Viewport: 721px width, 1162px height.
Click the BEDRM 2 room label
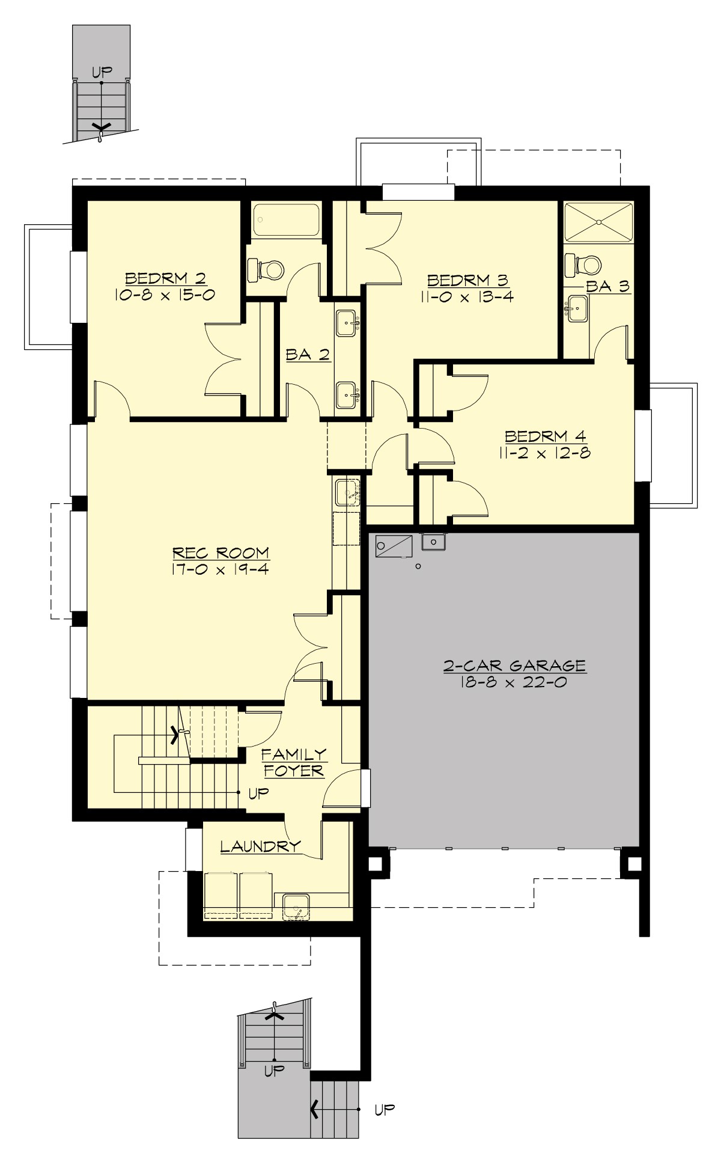[x=165, y=278]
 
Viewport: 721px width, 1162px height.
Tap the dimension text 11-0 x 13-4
[x=470, y=296]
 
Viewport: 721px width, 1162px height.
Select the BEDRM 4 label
[x=545, y=436]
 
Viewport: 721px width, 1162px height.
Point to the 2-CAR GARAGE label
[x=514, y=665]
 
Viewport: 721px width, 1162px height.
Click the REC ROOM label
[x=221, y=552]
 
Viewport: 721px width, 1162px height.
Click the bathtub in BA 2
[x=286, y=220]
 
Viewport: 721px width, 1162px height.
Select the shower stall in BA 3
[x=599, y=222]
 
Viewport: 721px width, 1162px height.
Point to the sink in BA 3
[x=577, y=309]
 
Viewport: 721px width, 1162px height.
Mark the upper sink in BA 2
[x=348, y=323]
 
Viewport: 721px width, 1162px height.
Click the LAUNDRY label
[x=260, y=847]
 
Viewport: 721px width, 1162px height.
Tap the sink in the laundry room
[x=296, y=907]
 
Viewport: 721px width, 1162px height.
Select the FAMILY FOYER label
[x=294, y=762]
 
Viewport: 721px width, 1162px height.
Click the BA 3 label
[x=607, y=286]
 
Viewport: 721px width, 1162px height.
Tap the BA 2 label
[x=308, y=355]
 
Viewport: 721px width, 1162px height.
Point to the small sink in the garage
[x=433, y=542]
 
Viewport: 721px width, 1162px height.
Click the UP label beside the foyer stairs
[x=258, y=794]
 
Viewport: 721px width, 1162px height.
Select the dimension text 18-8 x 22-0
[x=514, y=682]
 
